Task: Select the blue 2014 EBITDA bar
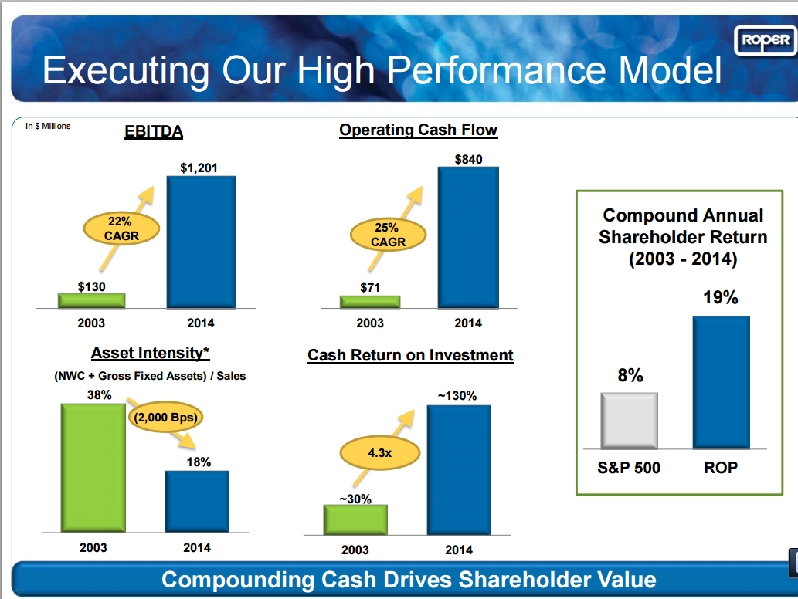coord(201,242)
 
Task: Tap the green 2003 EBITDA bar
coord(92,300)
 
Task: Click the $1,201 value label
coord(199,168)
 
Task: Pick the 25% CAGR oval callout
coord(389,235)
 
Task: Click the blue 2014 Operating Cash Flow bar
coord(468,237)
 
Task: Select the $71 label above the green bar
coord(370,288)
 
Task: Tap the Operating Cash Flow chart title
coord(418,130)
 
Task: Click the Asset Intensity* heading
coord(151,353)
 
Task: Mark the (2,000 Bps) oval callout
coord(165,418)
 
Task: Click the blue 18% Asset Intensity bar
coord(197,501)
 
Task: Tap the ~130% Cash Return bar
coord(458,469)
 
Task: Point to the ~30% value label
coord(355,499)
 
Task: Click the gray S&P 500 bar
coord(629,420)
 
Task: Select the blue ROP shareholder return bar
coord(720,382)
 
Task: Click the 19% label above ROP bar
coord(720,298)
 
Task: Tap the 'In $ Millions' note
coord(48,126)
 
